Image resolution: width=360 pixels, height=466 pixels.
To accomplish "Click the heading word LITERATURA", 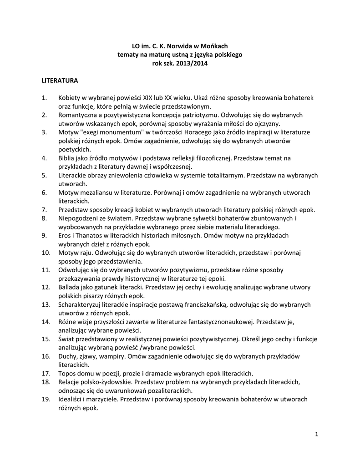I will tap(60, 81).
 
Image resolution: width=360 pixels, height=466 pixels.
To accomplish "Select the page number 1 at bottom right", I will tap(316, 435).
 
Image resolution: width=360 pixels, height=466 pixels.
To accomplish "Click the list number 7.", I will tap(44, 210).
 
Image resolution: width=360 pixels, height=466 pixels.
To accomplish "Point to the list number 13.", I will tap(46, 304).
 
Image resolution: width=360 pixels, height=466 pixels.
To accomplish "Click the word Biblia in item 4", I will tap(67, 158).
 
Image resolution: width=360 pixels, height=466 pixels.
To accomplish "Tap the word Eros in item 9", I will tap(66, 236).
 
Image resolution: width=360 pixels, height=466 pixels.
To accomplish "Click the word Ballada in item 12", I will tap(70, 287).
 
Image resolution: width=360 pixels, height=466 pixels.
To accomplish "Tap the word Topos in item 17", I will tap(67, 373).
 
